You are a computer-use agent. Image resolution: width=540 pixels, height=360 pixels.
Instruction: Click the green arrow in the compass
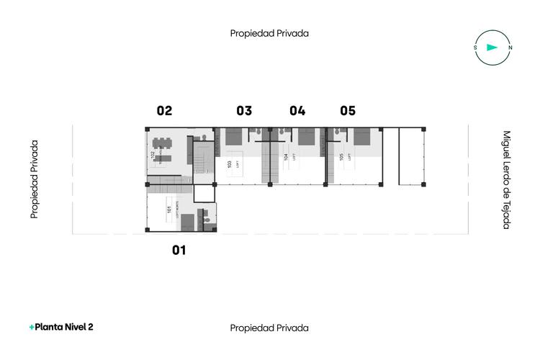click(x=492, y=48)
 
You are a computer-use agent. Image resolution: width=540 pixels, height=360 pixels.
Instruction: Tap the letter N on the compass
click(x=510, y=48)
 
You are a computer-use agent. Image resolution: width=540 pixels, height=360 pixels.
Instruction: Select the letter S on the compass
click(x=475, y=48)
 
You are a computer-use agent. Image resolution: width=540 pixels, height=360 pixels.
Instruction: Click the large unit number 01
click(x=179, y=251)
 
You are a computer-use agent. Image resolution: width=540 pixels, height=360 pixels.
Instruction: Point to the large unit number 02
click(x=165, y=111)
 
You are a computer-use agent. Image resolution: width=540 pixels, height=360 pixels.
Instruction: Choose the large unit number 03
click(x=244, y=111)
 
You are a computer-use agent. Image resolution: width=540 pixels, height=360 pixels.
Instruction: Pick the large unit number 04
click(x=297, y=111)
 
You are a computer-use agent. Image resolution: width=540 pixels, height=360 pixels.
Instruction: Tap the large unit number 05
click(x=348, y=111)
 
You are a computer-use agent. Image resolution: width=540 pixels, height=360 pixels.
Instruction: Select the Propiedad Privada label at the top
click(x=269, y=33)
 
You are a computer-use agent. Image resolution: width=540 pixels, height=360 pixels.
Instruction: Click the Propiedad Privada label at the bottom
click(x=269, y=328)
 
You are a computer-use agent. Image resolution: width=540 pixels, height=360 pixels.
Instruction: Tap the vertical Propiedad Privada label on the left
click(x=34, y=179)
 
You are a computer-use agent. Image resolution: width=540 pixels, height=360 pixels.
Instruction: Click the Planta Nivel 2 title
click(x=61, y=327)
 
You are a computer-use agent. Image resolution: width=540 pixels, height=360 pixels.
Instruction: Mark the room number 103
click(x=230, y=164)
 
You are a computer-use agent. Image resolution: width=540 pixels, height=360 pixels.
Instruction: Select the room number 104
click(x=286, y=157)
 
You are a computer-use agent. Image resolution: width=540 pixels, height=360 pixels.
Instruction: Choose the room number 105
click(x=341, y=156)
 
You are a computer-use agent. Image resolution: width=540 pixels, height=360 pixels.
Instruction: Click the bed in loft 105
click(x=361, y=137)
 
